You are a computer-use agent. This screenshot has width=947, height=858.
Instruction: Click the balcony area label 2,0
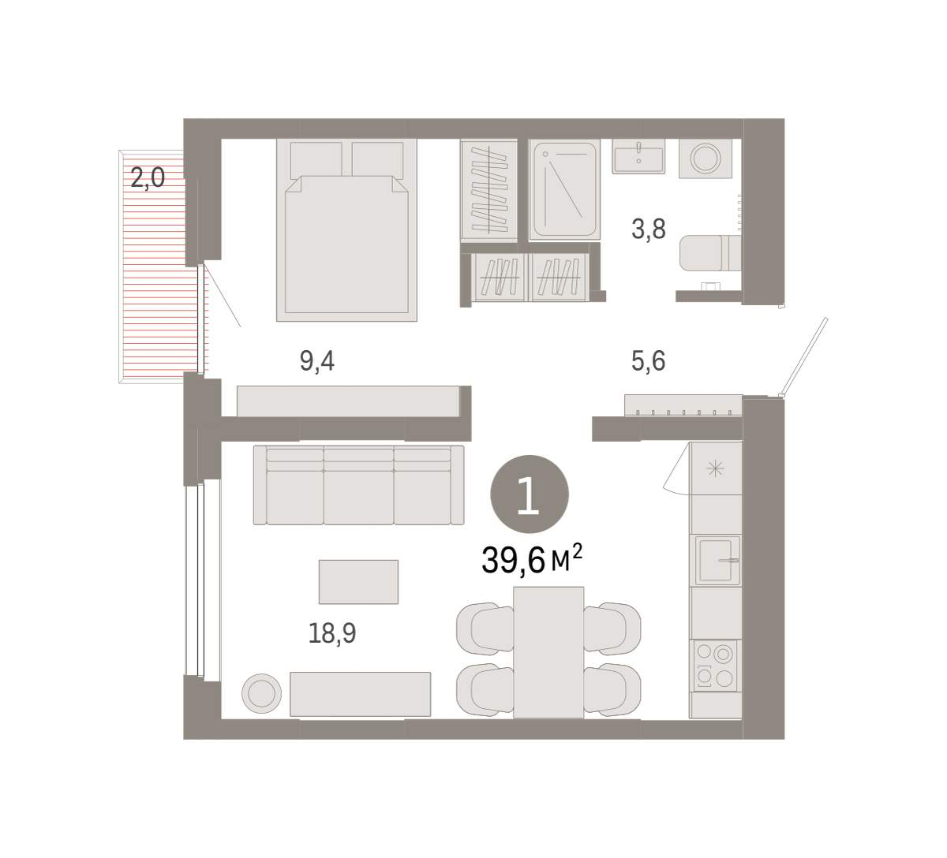148,179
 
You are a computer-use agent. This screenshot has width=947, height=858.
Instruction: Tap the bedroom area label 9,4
316,361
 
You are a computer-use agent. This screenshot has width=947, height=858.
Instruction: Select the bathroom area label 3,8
649,229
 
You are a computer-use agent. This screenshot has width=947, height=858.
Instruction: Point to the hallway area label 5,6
648,361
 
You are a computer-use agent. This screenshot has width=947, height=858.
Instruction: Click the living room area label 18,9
332,633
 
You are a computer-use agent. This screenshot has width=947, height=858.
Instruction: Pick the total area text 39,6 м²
532,560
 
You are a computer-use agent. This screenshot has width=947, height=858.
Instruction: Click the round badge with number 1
530,494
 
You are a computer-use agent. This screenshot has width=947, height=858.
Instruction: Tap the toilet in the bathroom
710,253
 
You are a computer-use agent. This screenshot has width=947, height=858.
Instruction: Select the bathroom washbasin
638,156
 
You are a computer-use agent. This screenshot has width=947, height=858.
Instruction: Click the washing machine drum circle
705,159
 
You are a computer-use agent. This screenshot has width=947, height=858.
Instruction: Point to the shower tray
564,189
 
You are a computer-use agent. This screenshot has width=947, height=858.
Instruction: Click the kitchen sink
715,560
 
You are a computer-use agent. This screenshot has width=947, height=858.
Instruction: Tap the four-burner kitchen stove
715,665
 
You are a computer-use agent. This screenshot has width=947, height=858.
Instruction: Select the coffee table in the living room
358,582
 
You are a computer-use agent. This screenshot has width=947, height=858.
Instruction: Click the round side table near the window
261,693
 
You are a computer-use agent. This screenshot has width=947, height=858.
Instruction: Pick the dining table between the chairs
548,652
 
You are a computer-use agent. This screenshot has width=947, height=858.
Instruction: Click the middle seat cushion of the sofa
359,497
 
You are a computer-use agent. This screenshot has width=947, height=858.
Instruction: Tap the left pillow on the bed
316,160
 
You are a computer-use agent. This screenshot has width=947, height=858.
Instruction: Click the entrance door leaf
804,356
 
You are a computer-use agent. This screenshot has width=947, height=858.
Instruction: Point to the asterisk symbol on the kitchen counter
715,468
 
